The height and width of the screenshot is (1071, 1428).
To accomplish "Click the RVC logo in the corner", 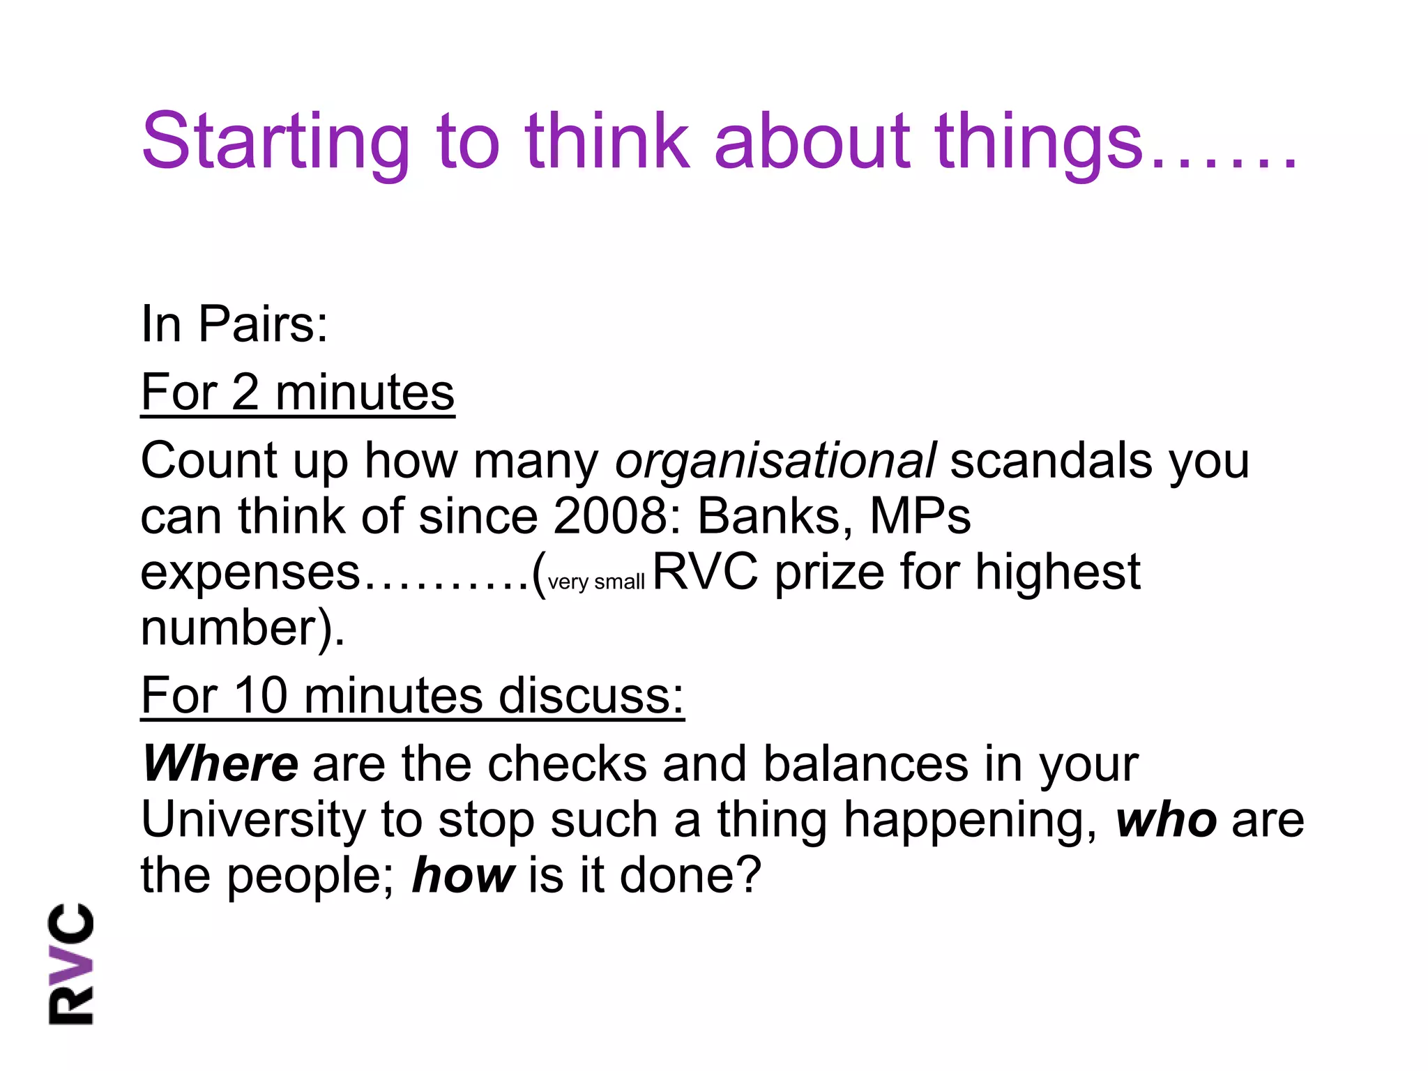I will pos(70,964).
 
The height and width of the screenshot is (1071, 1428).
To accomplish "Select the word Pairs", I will pos(262,324).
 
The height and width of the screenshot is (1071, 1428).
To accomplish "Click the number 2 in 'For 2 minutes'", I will pos(245,393).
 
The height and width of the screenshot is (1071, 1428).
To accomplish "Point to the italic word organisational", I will pos(775,462).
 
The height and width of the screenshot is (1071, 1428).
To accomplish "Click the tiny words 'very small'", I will pos(596,582).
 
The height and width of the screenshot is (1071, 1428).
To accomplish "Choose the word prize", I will pos(829,572).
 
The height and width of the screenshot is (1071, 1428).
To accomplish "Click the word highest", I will pos(1057,572).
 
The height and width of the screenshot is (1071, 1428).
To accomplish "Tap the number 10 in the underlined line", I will pos(261,695).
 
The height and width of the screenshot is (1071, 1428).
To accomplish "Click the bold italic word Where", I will pos(220,764).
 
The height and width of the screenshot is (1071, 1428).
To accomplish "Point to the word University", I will pos(253,819).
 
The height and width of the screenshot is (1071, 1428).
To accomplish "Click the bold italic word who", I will pos(1167,821).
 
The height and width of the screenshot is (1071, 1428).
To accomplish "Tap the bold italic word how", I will pos(464,876).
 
